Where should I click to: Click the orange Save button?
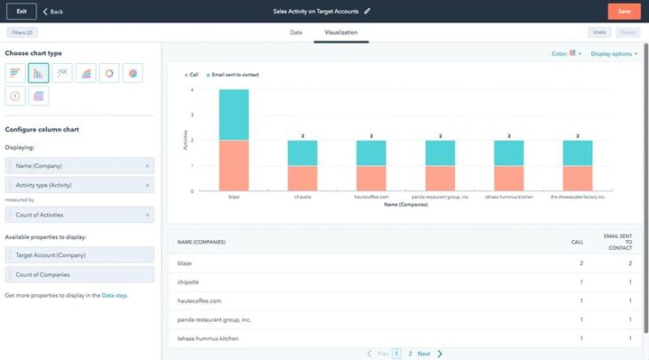[623, 12]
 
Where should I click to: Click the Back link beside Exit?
[53, 12]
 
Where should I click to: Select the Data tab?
[296, 32]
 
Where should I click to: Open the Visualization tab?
[341, 32]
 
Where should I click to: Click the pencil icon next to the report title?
[367, 12]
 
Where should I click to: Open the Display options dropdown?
[613, 53]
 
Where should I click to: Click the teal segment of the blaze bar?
[234, 115]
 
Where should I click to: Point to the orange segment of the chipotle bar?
[302, 178]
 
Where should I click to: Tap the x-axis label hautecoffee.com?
[371, 197]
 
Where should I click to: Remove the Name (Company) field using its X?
[148, 166]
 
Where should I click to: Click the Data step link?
[114, 295]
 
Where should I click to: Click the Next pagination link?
[424, 354]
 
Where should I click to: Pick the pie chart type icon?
[132, 73]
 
